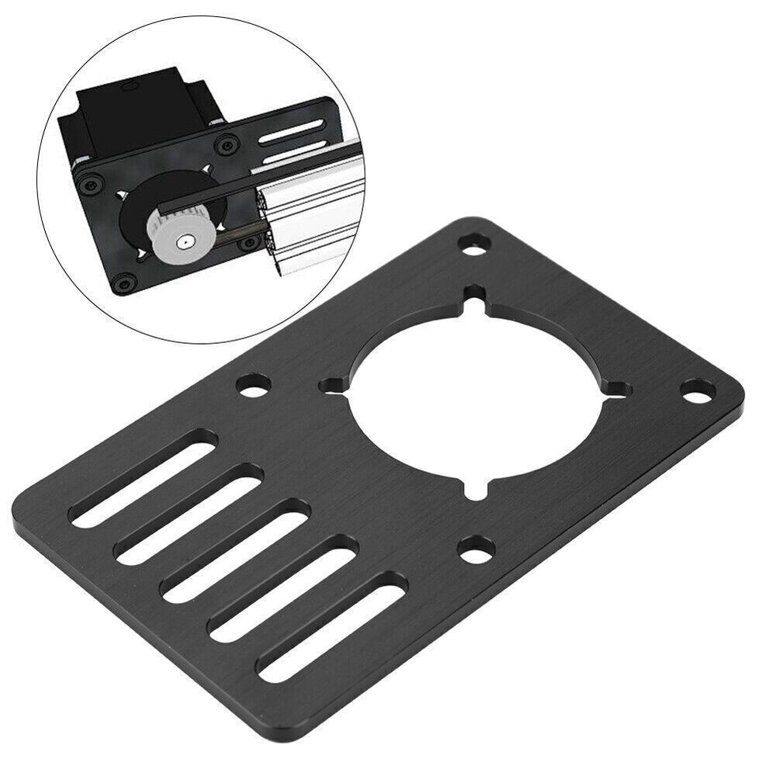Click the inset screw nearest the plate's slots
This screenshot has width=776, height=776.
click(x=227, y=143)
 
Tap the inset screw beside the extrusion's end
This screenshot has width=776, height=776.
click(x=248, y=244)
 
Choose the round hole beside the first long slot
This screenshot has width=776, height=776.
click(x=253, y=384)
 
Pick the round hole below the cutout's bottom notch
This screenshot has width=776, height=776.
click(x=476, y=549)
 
